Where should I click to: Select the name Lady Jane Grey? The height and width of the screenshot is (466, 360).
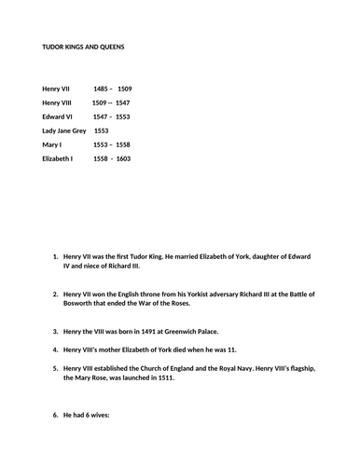[64, 130]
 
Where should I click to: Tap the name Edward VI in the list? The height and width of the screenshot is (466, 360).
[59, 116]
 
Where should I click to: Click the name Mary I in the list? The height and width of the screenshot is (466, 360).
[52, 145]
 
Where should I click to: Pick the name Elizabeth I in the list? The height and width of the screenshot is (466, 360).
[58, 159]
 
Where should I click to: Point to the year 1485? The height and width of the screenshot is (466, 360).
[102, 88]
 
